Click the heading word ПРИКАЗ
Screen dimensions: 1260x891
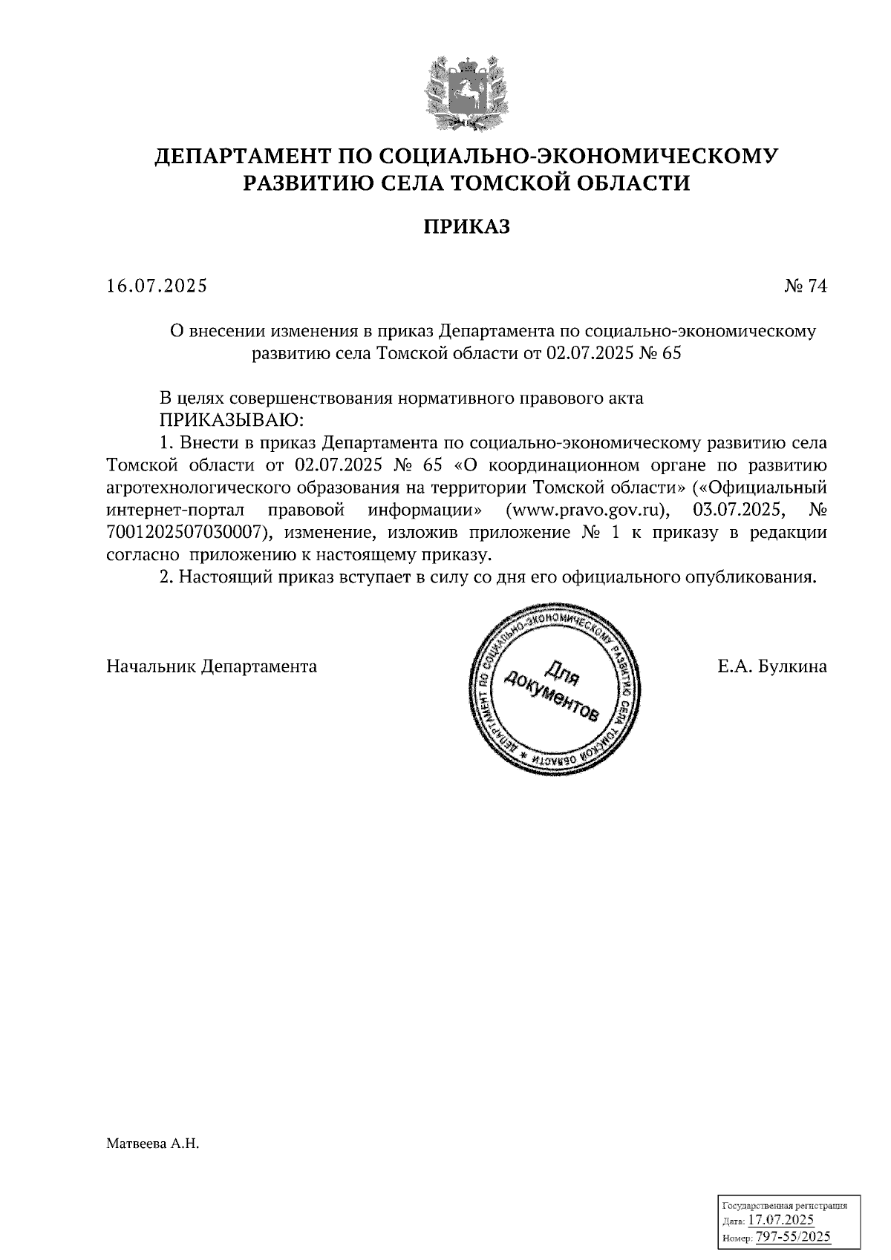tap(467, 226)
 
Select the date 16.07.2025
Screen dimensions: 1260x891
tap(157, 286)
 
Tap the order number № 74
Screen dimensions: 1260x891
tap(805, 286)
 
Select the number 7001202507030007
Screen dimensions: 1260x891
tap(186, 533)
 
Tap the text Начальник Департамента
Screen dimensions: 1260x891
tap(212, 666)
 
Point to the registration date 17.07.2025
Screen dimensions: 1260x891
tap(780, 1220)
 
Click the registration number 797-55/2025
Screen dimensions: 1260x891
tap(792, 1236)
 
